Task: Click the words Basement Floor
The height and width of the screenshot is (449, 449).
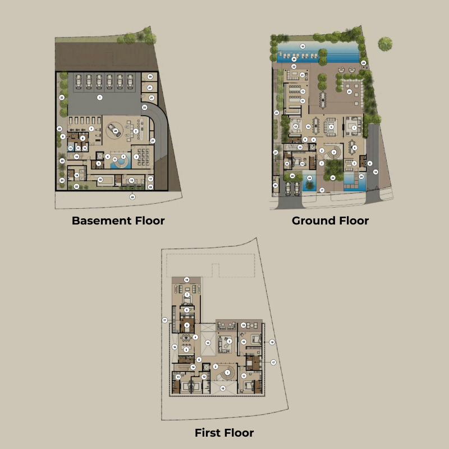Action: pos(118,221)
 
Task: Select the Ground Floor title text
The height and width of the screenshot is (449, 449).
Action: pos(330,221)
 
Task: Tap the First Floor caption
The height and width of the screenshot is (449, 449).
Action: pos(224,433)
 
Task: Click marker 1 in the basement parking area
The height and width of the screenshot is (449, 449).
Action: pos(99,98)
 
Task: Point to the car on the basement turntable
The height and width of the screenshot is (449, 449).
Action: pos(116,131)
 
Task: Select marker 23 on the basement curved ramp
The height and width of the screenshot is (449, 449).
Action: pos(144,107)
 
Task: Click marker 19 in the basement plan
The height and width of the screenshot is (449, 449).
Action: pos(150,76)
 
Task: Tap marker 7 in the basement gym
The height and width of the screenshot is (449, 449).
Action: pos(91,129)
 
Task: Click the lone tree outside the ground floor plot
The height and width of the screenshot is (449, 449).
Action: pos(385,44)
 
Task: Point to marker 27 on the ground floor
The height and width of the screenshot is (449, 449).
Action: pos(276,152)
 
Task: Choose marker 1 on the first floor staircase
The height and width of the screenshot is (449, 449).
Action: pos(227,372)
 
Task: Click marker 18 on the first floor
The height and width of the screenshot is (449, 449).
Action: pos(272,342)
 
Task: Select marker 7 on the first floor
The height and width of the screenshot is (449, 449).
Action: pos(187,295)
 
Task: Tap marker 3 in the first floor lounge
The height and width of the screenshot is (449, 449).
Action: pos(229,341)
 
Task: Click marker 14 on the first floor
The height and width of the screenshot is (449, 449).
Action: pos(193,367)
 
